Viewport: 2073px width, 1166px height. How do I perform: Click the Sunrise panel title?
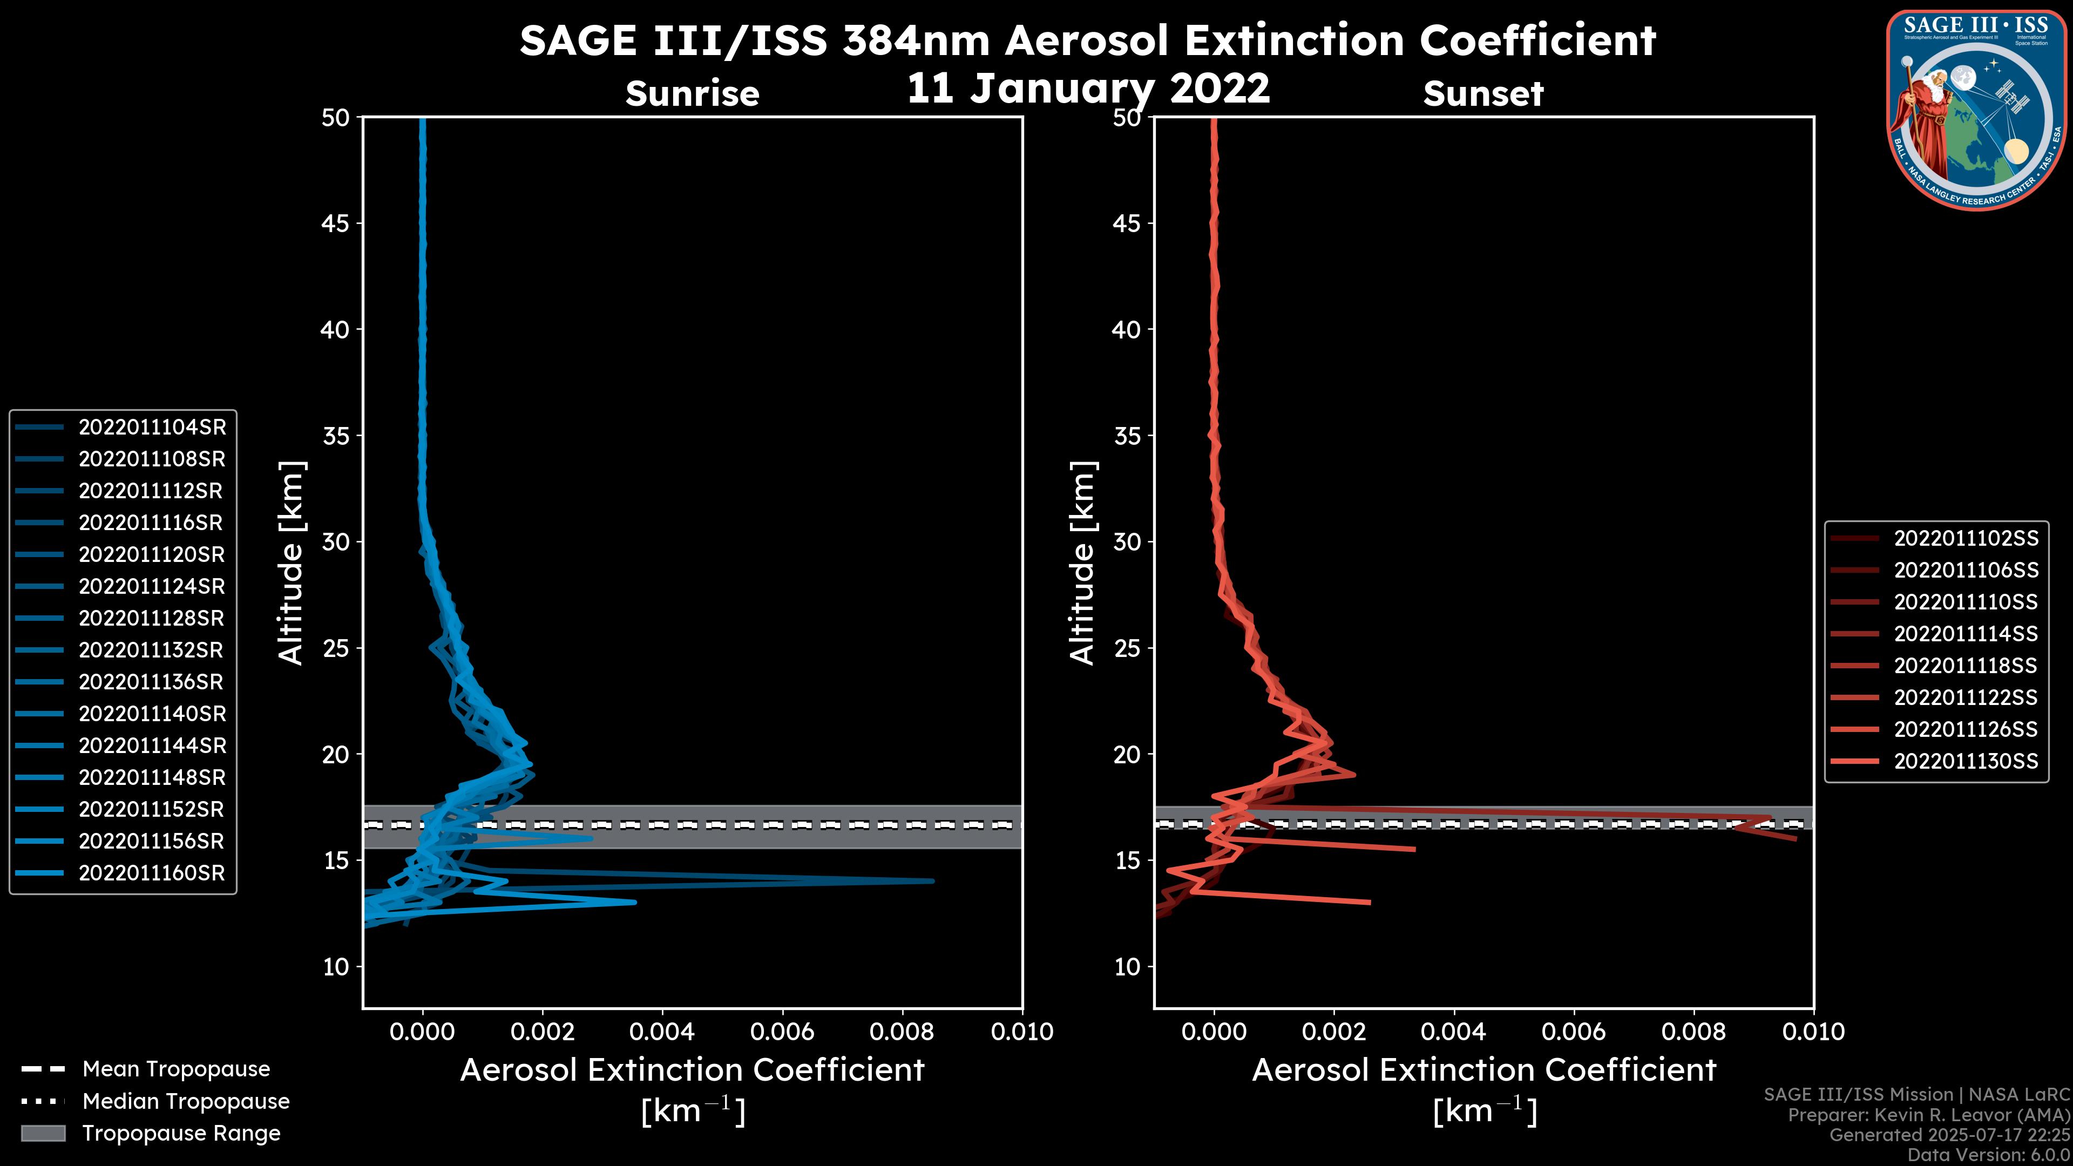click(692, 93)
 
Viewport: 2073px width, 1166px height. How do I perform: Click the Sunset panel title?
click(1483, 93)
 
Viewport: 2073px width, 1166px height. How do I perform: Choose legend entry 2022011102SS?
click(1966, 538)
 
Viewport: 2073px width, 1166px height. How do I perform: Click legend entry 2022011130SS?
click(1966, 761)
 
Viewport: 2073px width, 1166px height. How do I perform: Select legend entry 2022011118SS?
click(1966, 666)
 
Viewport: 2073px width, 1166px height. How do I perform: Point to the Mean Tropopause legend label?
click(176, 1069)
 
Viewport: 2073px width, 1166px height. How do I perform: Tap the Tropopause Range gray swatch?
click(43, 1133)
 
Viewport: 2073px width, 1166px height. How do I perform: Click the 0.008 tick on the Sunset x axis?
click(1694, 1032)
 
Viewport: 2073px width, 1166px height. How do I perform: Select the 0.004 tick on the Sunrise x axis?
click(662, 1032)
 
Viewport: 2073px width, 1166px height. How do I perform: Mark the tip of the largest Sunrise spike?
click(933, 881)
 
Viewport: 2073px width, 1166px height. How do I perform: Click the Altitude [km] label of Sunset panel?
click(1082, 563)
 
